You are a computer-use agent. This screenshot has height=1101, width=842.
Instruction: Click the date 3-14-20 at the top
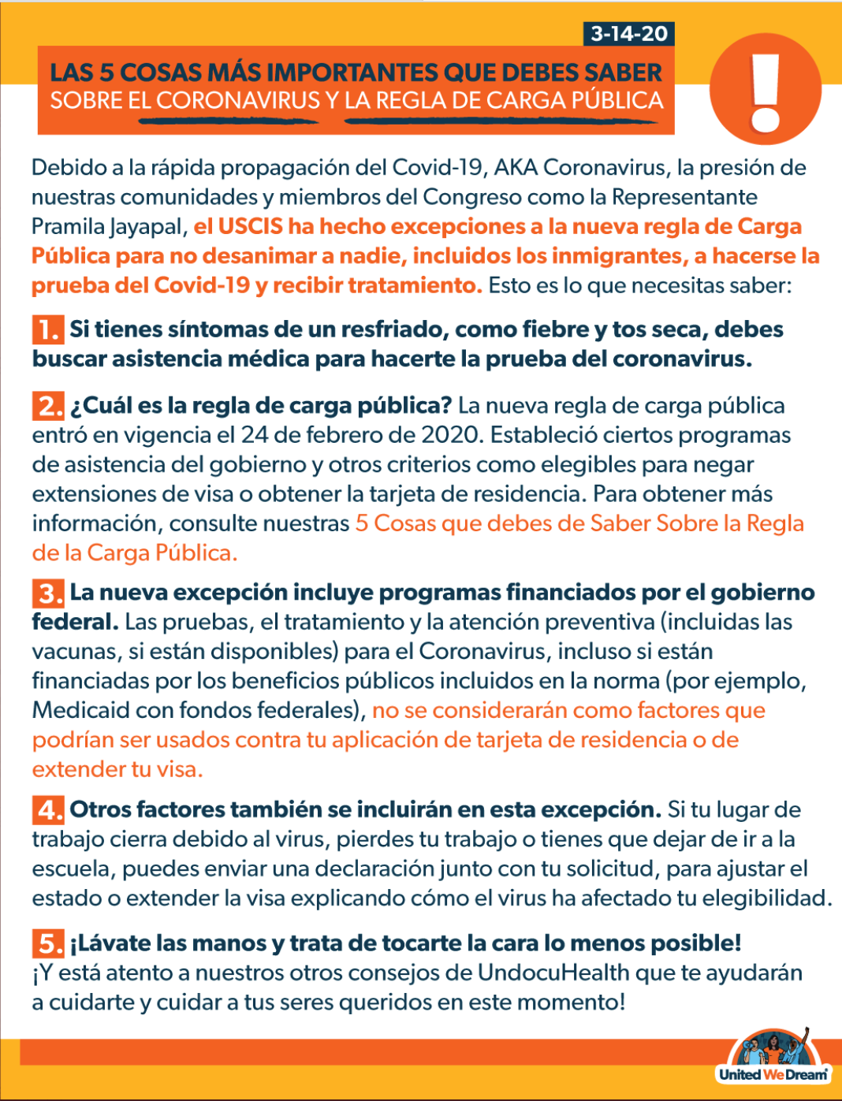pos(629,34)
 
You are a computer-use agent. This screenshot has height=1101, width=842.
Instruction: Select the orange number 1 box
pos(48,329)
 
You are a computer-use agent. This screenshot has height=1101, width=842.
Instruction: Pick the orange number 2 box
pos(48,406)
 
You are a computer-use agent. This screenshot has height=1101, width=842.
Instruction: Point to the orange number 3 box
pos(48,593)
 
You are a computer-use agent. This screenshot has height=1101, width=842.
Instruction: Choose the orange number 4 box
pos(48,810)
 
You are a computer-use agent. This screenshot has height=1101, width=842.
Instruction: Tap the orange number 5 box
pos(48,943)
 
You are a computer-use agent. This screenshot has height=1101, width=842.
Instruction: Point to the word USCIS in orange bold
pos(250,227)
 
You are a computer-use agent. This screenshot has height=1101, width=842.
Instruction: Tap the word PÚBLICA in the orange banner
pos(616,101)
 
